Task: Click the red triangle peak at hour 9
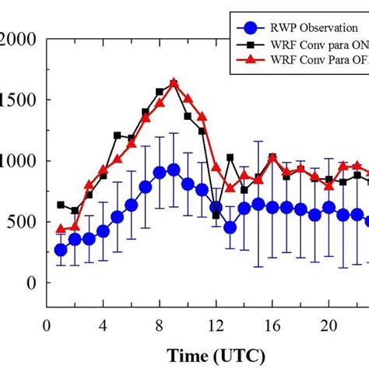click(174, 83)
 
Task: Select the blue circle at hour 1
click(61, 250)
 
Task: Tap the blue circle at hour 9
click(174, 170)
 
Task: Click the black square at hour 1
click(61, 205)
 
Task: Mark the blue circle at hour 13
click(230, 227)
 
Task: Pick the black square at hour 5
click(118, 135)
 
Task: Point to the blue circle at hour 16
click(272, 206)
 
